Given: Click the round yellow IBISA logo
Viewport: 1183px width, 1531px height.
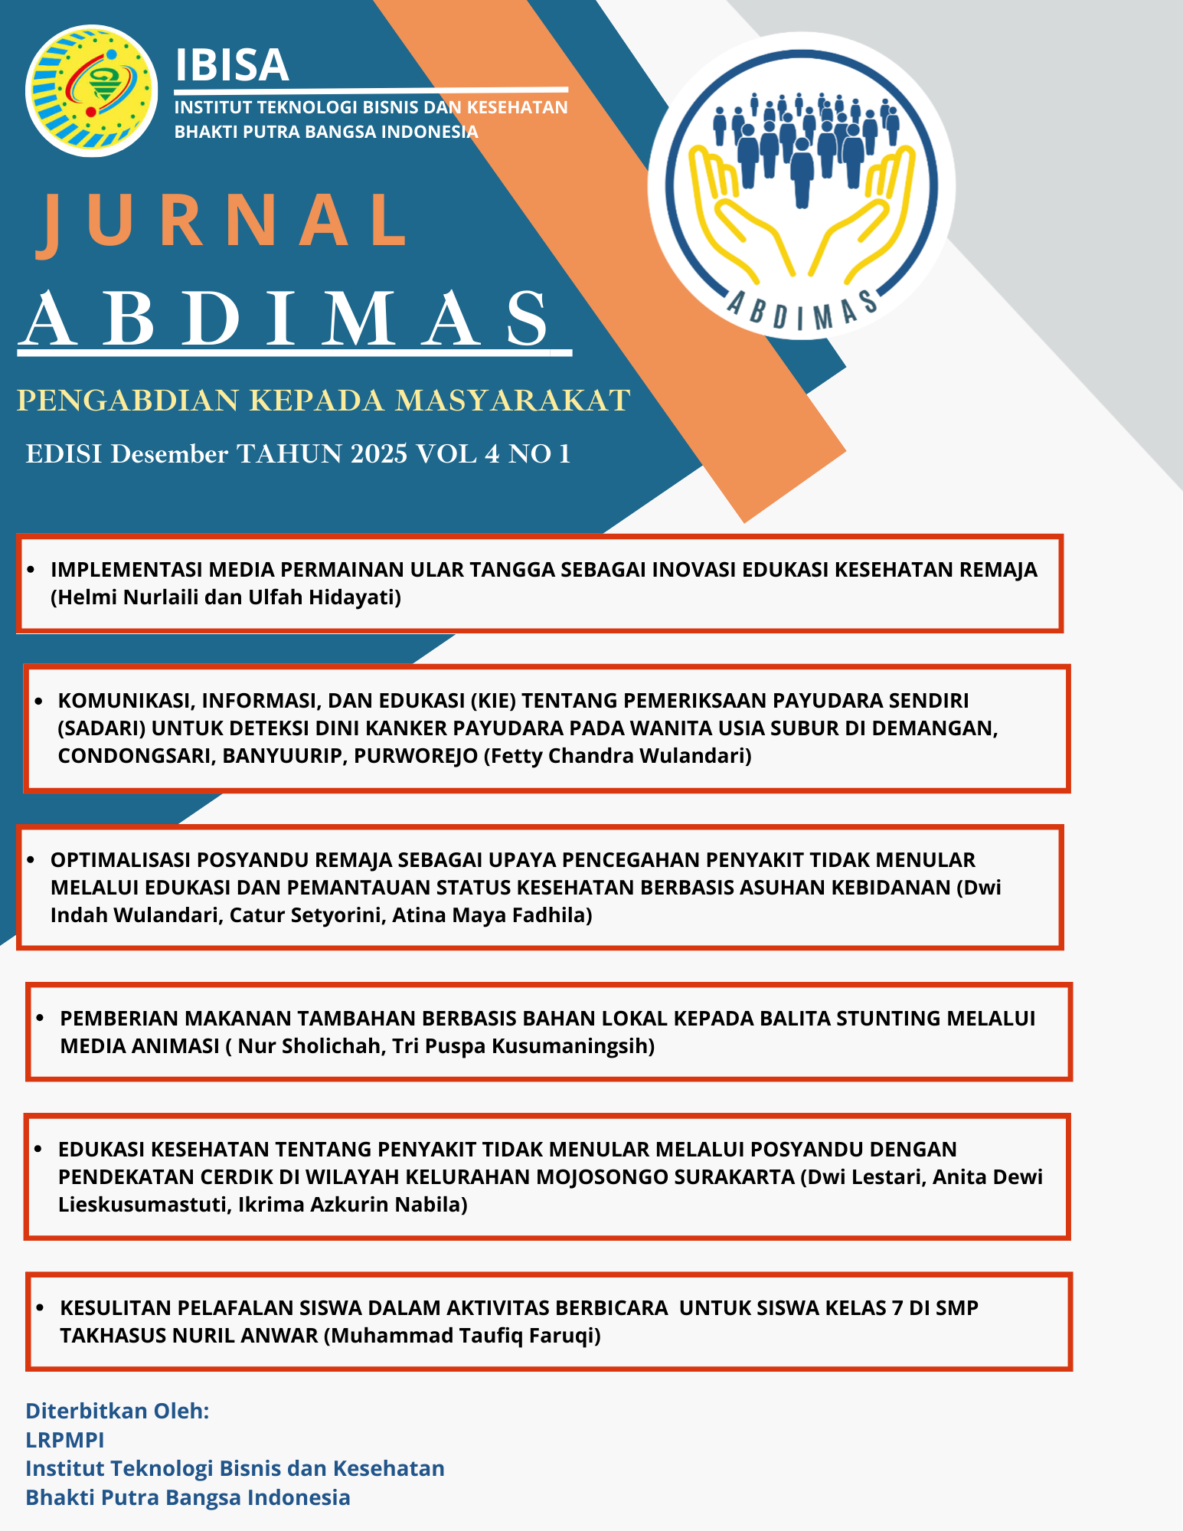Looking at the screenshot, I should [x=92, y=90].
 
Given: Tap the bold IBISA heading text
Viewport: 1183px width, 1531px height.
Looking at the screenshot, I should [x=232, y=65].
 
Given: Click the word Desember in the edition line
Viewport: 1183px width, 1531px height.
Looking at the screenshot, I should [x=169, y=454].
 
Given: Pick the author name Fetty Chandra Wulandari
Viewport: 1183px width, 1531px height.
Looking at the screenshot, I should [x=618, y=756].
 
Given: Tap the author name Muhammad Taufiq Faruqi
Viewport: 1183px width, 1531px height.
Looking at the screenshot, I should [x=462, y=1335].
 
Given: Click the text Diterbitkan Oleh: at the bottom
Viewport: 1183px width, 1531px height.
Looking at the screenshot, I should [x=117, y=1411].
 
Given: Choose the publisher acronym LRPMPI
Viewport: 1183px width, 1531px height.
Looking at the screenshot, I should [x=65, y=1440].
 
